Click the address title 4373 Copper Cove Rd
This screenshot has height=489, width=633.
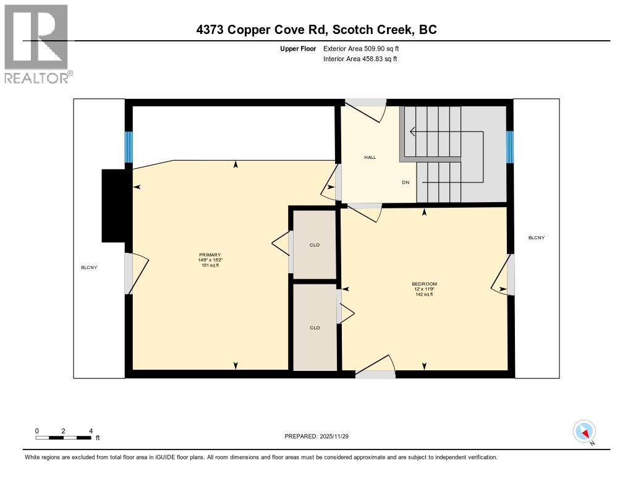(316, 30)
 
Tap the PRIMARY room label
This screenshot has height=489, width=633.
(210, 255)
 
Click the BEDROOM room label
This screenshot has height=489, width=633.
(424, 284)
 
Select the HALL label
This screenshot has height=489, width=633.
(370, 157)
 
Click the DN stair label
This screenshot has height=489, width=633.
(406, 182)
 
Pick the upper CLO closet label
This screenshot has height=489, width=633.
(315, 245)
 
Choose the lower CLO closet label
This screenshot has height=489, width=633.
(315, 328)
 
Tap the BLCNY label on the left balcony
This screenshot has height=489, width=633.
(89, 267)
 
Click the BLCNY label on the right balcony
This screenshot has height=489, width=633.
(536, 237)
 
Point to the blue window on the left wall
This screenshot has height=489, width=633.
(129, 147)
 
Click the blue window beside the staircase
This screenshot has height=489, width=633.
(510, 147)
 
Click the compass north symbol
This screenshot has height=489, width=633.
(584, 432)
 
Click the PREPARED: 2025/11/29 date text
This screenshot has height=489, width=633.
(321, 436)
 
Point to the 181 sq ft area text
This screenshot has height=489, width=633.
(210, 265)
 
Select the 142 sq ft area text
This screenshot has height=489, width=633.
(424, 294)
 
